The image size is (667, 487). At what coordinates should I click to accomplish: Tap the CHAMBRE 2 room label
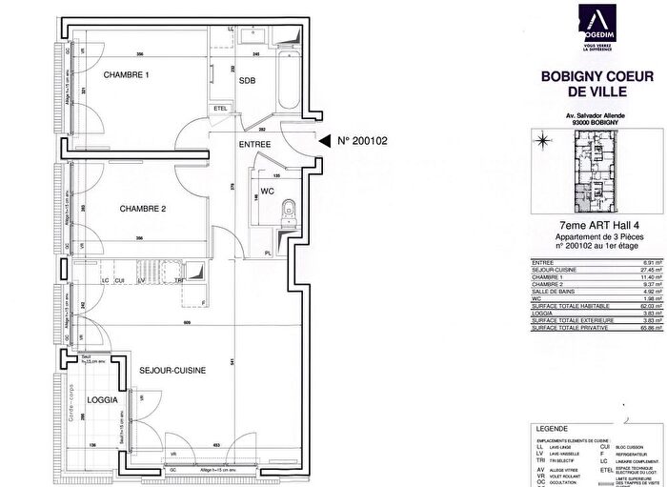(x=143, y=208)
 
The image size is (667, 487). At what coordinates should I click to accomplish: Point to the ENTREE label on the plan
(x=255, y=145)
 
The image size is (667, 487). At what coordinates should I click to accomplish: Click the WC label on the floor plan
(x=268, y=192)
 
